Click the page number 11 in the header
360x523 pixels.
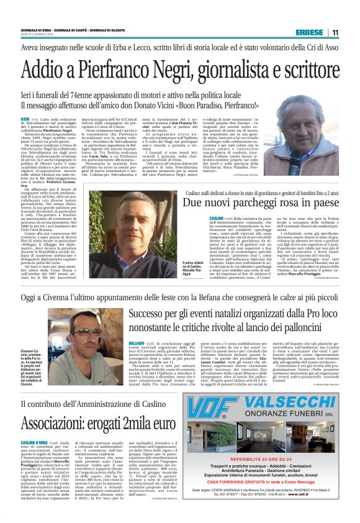(x=335, y=32)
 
